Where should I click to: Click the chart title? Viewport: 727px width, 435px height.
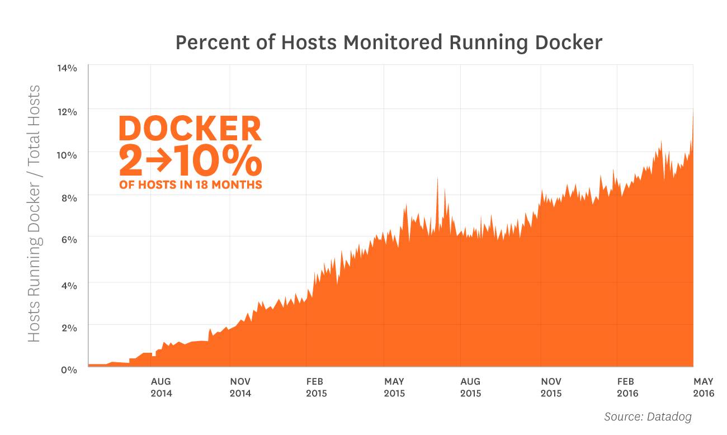pos(389,42)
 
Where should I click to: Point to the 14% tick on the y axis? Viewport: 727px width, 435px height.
pos(67,68)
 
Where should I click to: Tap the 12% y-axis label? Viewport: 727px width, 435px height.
pos(67,112)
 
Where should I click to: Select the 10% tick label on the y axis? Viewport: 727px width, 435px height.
pos(67,155)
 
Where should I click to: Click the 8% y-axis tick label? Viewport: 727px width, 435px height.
pos(68,197)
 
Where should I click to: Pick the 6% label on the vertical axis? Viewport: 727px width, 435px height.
pos(68,239)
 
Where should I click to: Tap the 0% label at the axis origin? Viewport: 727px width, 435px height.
pos(68,370)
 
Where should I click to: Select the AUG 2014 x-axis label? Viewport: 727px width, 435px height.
pos(161,387)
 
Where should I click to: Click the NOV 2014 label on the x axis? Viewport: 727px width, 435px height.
pos(240,387)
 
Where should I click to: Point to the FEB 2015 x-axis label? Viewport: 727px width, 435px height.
pos(317,387)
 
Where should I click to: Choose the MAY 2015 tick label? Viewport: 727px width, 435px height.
pos(394,387)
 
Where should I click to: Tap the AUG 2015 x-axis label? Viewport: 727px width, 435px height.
pos(470,387)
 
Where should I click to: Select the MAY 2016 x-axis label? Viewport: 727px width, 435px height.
pos(704,387)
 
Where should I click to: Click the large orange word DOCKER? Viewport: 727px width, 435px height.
pos(190,129)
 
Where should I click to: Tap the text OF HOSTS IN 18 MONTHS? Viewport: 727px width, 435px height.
pos(190,185)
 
